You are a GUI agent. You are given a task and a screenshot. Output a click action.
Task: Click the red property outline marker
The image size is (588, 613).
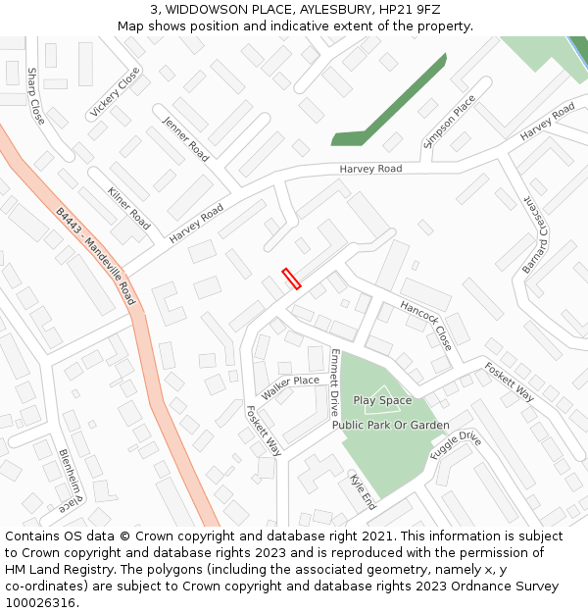click(291, 279)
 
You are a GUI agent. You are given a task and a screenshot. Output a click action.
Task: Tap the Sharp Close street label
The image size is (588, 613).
click(36, 95)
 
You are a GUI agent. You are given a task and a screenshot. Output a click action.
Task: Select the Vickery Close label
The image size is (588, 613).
click(115, 93)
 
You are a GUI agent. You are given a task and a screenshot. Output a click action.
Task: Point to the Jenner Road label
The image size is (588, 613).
click(185, 139)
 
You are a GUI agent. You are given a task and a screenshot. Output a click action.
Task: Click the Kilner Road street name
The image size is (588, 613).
click(129, 208)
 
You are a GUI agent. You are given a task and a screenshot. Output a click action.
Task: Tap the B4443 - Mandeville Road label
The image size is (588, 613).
click(95, 255)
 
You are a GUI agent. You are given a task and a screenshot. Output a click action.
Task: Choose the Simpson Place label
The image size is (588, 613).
click(449, 121)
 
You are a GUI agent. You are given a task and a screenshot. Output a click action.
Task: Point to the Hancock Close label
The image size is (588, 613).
click(426, 326)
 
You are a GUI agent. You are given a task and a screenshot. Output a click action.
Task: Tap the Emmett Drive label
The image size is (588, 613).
click(335, 380)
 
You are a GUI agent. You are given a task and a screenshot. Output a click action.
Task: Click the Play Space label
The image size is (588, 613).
click(382, 400)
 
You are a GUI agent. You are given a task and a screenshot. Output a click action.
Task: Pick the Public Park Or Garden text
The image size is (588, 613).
click(390, 426)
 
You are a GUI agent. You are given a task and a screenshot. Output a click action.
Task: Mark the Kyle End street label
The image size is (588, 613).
click(363, 491)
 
